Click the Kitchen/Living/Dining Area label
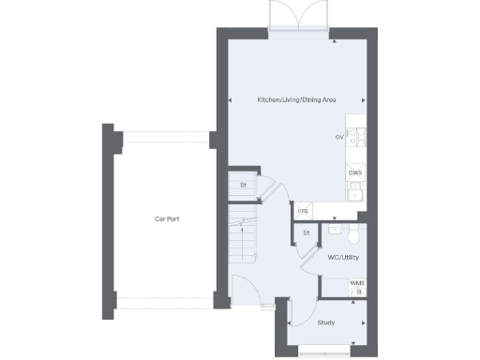click(x=297, y=99)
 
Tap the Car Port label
click(x=167, y=219)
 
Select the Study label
click(x=325, y=322)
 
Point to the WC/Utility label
click(x=343, y=256)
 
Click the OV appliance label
click(x=339, y=138)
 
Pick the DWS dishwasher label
click(x=355, y=172)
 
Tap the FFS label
click(x=303, y=211)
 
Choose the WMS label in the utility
click(x=356, y=282)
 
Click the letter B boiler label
click(x=358, y=292)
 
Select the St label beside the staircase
click(x=243, y=185)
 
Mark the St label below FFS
click(x=307, y=232)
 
